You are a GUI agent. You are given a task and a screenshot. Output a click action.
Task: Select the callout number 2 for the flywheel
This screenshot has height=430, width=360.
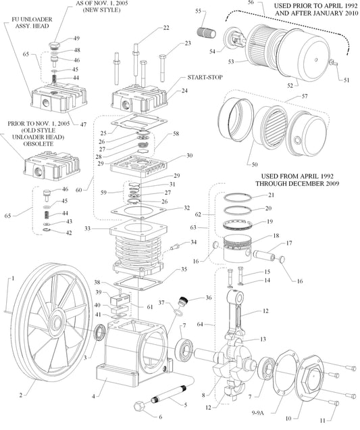(x=21, y=395)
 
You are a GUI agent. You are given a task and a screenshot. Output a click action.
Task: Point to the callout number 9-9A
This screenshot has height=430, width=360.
(x=259, y=410)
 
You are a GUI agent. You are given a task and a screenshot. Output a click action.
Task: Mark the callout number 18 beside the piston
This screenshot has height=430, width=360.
(x=276, y=237)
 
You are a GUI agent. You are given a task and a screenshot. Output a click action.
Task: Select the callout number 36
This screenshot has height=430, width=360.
(x=208, y=297)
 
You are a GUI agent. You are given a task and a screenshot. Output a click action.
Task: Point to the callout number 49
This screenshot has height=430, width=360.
(x=76, y=38)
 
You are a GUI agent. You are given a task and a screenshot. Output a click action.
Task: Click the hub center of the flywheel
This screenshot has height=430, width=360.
(x=57, y=316)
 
